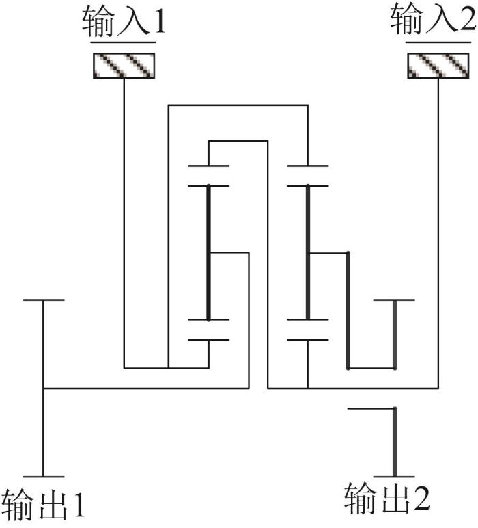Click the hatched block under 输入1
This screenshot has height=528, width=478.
point(124,66)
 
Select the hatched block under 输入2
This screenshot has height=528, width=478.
point(438,66)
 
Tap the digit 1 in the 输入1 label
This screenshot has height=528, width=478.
point(159,22)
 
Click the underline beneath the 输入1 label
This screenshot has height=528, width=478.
point(124,42)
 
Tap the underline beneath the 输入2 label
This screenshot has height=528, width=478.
point(438,42)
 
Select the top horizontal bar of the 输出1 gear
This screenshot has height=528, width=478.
point(44,300)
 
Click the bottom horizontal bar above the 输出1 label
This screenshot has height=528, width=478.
point(44,477)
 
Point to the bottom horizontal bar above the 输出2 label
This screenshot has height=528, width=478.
point(394,477)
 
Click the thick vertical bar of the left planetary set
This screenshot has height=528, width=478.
point(208,252)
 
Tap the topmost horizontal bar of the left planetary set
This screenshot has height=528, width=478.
point(208,166)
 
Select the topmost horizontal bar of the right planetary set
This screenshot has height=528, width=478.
point(307,166)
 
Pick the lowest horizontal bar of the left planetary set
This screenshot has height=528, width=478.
point(208,340)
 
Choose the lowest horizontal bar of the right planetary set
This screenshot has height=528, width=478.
point(307,340)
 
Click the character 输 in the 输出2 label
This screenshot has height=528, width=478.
point(359,499)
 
